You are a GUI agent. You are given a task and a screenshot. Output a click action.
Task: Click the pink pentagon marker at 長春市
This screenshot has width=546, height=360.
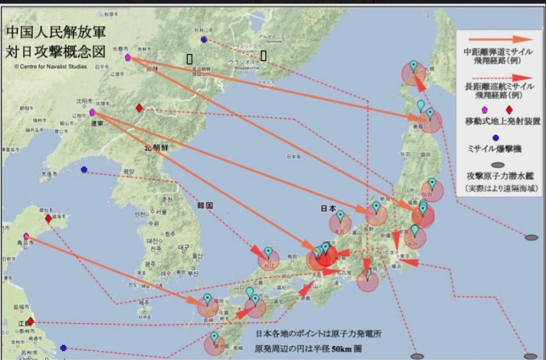(128, 58)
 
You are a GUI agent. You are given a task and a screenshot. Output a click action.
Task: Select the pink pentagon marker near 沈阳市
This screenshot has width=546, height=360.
(92, 112)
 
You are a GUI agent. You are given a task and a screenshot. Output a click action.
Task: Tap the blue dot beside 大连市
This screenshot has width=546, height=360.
(84, 169)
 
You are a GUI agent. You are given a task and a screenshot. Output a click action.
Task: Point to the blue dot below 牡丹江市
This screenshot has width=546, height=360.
(203, 39)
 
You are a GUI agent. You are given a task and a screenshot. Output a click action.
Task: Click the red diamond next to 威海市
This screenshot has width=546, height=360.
(49, 219)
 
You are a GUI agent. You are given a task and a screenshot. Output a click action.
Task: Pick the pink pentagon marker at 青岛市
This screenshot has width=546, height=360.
(26, 236)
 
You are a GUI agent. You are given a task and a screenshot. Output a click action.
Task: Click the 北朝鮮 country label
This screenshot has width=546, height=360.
(157, 148)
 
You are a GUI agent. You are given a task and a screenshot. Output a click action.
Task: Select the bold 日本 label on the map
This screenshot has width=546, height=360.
(328, 208)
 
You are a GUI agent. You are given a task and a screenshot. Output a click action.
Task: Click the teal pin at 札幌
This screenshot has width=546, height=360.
(414, 66)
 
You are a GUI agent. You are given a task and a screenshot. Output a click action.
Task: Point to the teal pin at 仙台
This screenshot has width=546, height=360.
(432, 183)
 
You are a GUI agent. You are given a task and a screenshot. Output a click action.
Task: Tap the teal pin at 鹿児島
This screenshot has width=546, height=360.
(214, 337)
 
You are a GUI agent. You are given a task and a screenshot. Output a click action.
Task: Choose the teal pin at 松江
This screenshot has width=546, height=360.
(268, 251)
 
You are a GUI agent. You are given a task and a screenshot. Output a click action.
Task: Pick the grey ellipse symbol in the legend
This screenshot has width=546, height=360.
(497, 165)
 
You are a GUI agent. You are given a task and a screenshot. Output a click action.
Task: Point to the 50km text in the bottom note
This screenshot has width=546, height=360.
(347, 350)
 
